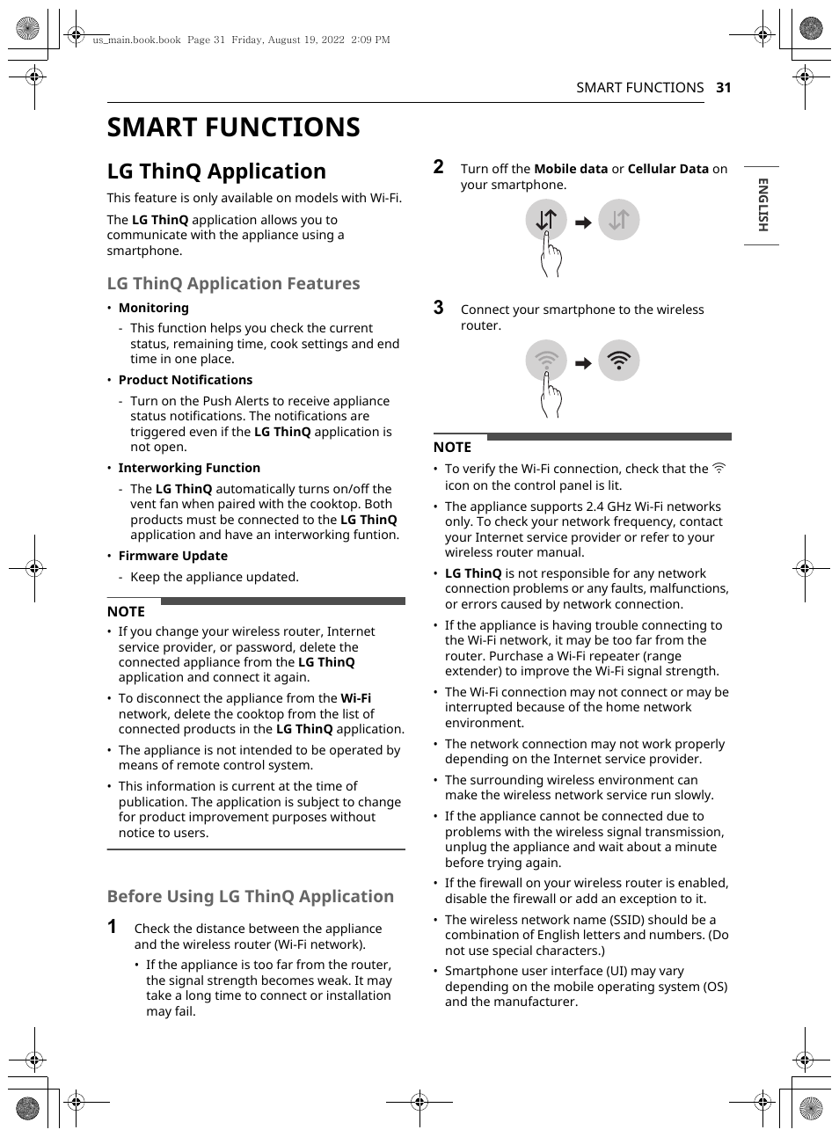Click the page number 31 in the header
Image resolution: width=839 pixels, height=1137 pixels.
pyautogui.click(x=723, y=88)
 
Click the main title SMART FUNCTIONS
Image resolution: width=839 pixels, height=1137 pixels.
pyautogui.click(x=233, y=128)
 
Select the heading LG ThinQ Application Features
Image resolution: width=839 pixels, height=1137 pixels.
pyautogui.click(x=233, y=283)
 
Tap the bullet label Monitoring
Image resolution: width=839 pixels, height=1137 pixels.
pyautogui.click(x=153, y=308)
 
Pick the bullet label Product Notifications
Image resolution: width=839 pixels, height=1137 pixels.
pyautogui.click(x=185, y=380)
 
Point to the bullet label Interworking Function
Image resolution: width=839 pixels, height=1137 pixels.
pyautogui.click(x=189, y=468)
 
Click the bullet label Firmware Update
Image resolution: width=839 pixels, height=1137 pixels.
pyautogui.click(x=172, y=556)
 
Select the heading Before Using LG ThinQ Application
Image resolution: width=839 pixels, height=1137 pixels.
pyautogui.click(x=250, y=896)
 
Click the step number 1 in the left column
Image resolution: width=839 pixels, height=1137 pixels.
pyautogui.click(x=112, y=927)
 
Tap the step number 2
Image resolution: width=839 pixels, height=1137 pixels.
pyautogui.click(x=438, y=167)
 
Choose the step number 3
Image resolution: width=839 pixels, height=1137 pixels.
pyautogui.click(x=438, y=308)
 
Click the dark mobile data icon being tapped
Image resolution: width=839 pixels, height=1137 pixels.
pyautogui.click(x=546, y=220)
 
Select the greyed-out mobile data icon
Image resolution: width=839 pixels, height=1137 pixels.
pyautogui.click(x=618, y=220)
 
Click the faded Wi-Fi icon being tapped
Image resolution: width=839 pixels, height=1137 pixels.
pyautogui.click(x=546, y=361)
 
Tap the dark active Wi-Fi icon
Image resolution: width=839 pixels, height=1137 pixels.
pyautogui.click(x=618, y=361)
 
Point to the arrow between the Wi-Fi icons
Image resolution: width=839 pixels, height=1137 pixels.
pyautogui.click(x=583, y=363)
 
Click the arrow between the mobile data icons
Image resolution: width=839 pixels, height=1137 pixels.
pyautogui.click(x=583, y=222)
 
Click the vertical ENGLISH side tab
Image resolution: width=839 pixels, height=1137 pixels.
pyautogui.click(x=762, y=205)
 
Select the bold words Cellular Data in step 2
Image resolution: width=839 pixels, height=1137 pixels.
pyautogui.click(x=668, y=169)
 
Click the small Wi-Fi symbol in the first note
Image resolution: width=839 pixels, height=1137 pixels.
pyautogui.click(x=719, y=469)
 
